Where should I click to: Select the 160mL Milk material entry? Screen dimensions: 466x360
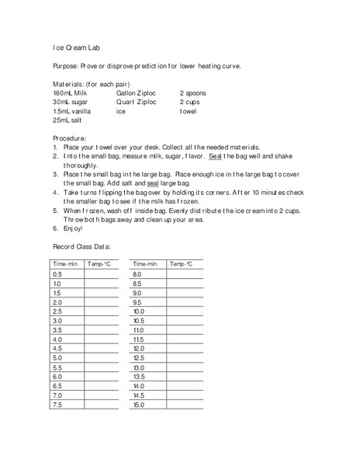[x=71, y=92]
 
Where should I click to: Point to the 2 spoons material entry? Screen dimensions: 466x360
[x=195, y=92]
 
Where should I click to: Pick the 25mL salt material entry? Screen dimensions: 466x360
[x=67, y=120]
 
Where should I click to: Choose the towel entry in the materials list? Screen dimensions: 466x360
[x=189, y=111]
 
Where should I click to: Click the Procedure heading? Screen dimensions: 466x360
[x=71, y=137]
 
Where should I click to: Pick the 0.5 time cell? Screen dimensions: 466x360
[x=58, y=275]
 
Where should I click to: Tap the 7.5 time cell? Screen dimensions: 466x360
[x=58, y=405]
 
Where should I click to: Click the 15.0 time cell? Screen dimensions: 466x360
[x=140, y=405]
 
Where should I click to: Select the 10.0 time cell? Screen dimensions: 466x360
[x=140, y=311]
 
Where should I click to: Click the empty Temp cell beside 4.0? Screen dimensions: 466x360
[x=102, y=339]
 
